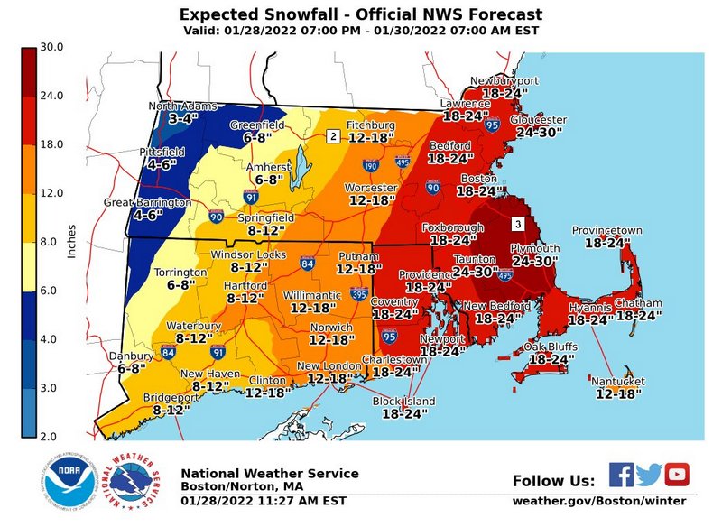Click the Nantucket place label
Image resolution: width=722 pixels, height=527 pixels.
[x=618, y=382]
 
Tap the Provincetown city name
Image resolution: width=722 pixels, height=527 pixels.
[x=613, y=231]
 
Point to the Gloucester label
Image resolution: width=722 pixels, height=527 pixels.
[x=539, y=120]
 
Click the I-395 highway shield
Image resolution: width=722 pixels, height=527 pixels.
[x=359, y=294]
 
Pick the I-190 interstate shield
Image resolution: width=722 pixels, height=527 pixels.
[x=369, y=166]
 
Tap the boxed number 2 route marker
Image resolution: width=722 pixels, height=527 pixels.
[x=333, y=136]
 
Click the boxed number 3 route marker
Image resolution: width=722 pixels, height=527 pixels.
[x=518, y=223]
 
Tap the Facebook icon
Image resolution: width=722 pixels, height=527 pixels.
[x=621, y=475]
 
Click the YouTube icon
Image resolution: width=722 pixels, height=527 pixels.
[x=676, y=475]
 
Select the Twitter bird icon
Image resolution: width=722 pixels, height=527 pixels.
[x=649, y=475]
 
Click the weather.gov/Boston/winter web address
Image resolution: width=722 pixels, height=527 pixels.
[x=599, y=501]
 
